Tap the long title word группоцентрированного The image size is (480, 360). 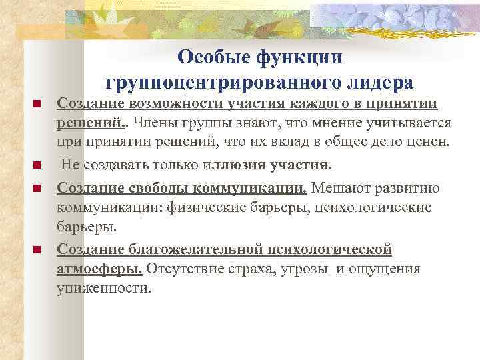pos(223,83)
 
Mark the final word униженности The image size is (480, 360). pos(105,289)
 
